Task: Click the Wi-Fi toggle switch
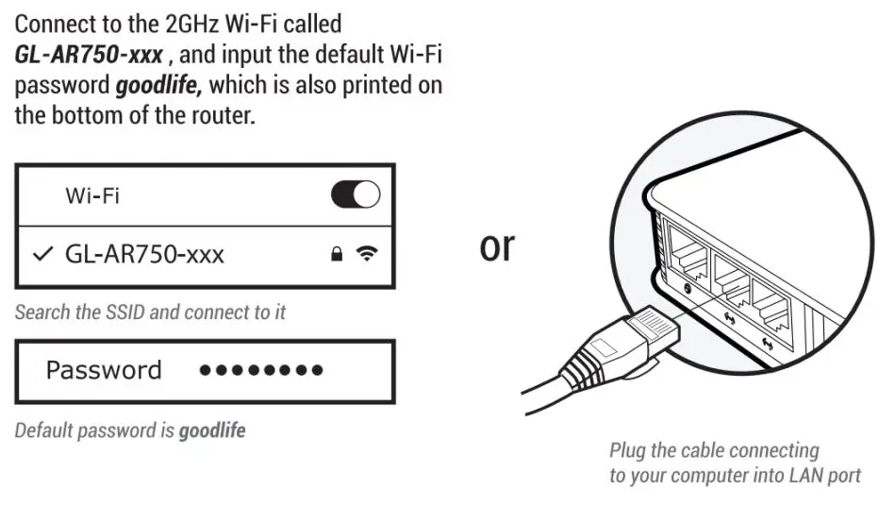coord(356,195)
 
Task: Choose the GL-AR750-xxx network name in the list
coord(144,254)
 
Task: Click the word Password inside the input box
coord(104,370)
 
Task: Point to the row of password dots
coord(261,371)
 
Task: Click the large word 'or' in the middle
coord(497,245)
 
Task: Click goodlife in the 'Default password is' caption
coord(212,430)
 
